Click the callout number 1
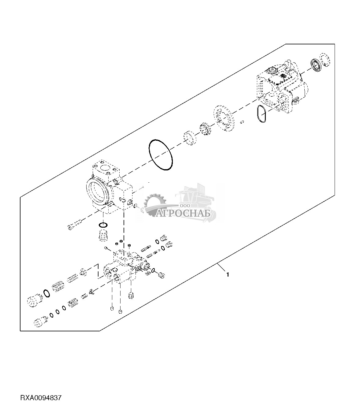(228, 274)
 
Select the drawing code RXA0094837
(41, 398)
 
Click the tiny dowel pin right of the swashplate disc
(242, 122)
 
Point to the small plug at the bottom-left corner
(38, 322)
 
